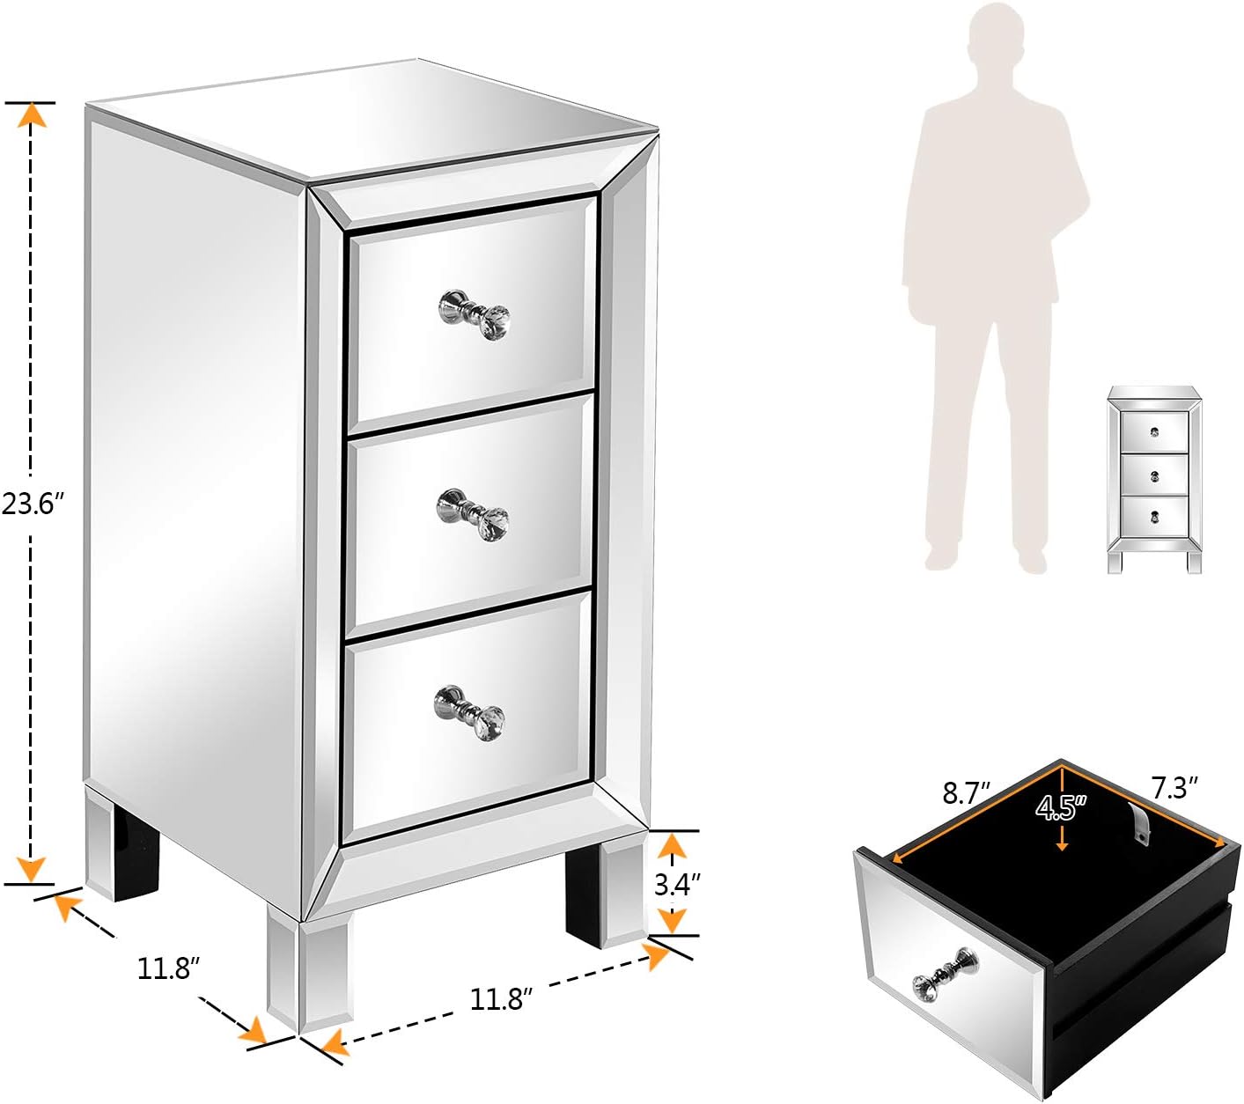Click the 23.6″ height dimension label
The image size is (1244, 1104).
(x=33, y=504)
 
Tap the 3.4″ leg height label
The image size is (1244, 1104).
(x=677, y=884)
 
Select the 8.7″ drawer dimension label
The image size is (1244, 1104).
(x=967, y=792)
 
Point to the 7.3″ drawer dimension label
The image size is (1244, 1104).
(x=1174, y=787)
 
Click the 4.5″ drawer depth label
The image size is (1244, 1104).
(x=1061, y=807)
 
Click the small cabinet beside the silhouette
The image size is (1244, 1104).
(x=1154, y=480)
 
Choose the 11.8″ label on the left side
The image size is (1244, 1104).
(x=168, y=968)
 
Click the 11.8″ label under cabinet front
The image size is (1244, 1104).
(x=502, y=999)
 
